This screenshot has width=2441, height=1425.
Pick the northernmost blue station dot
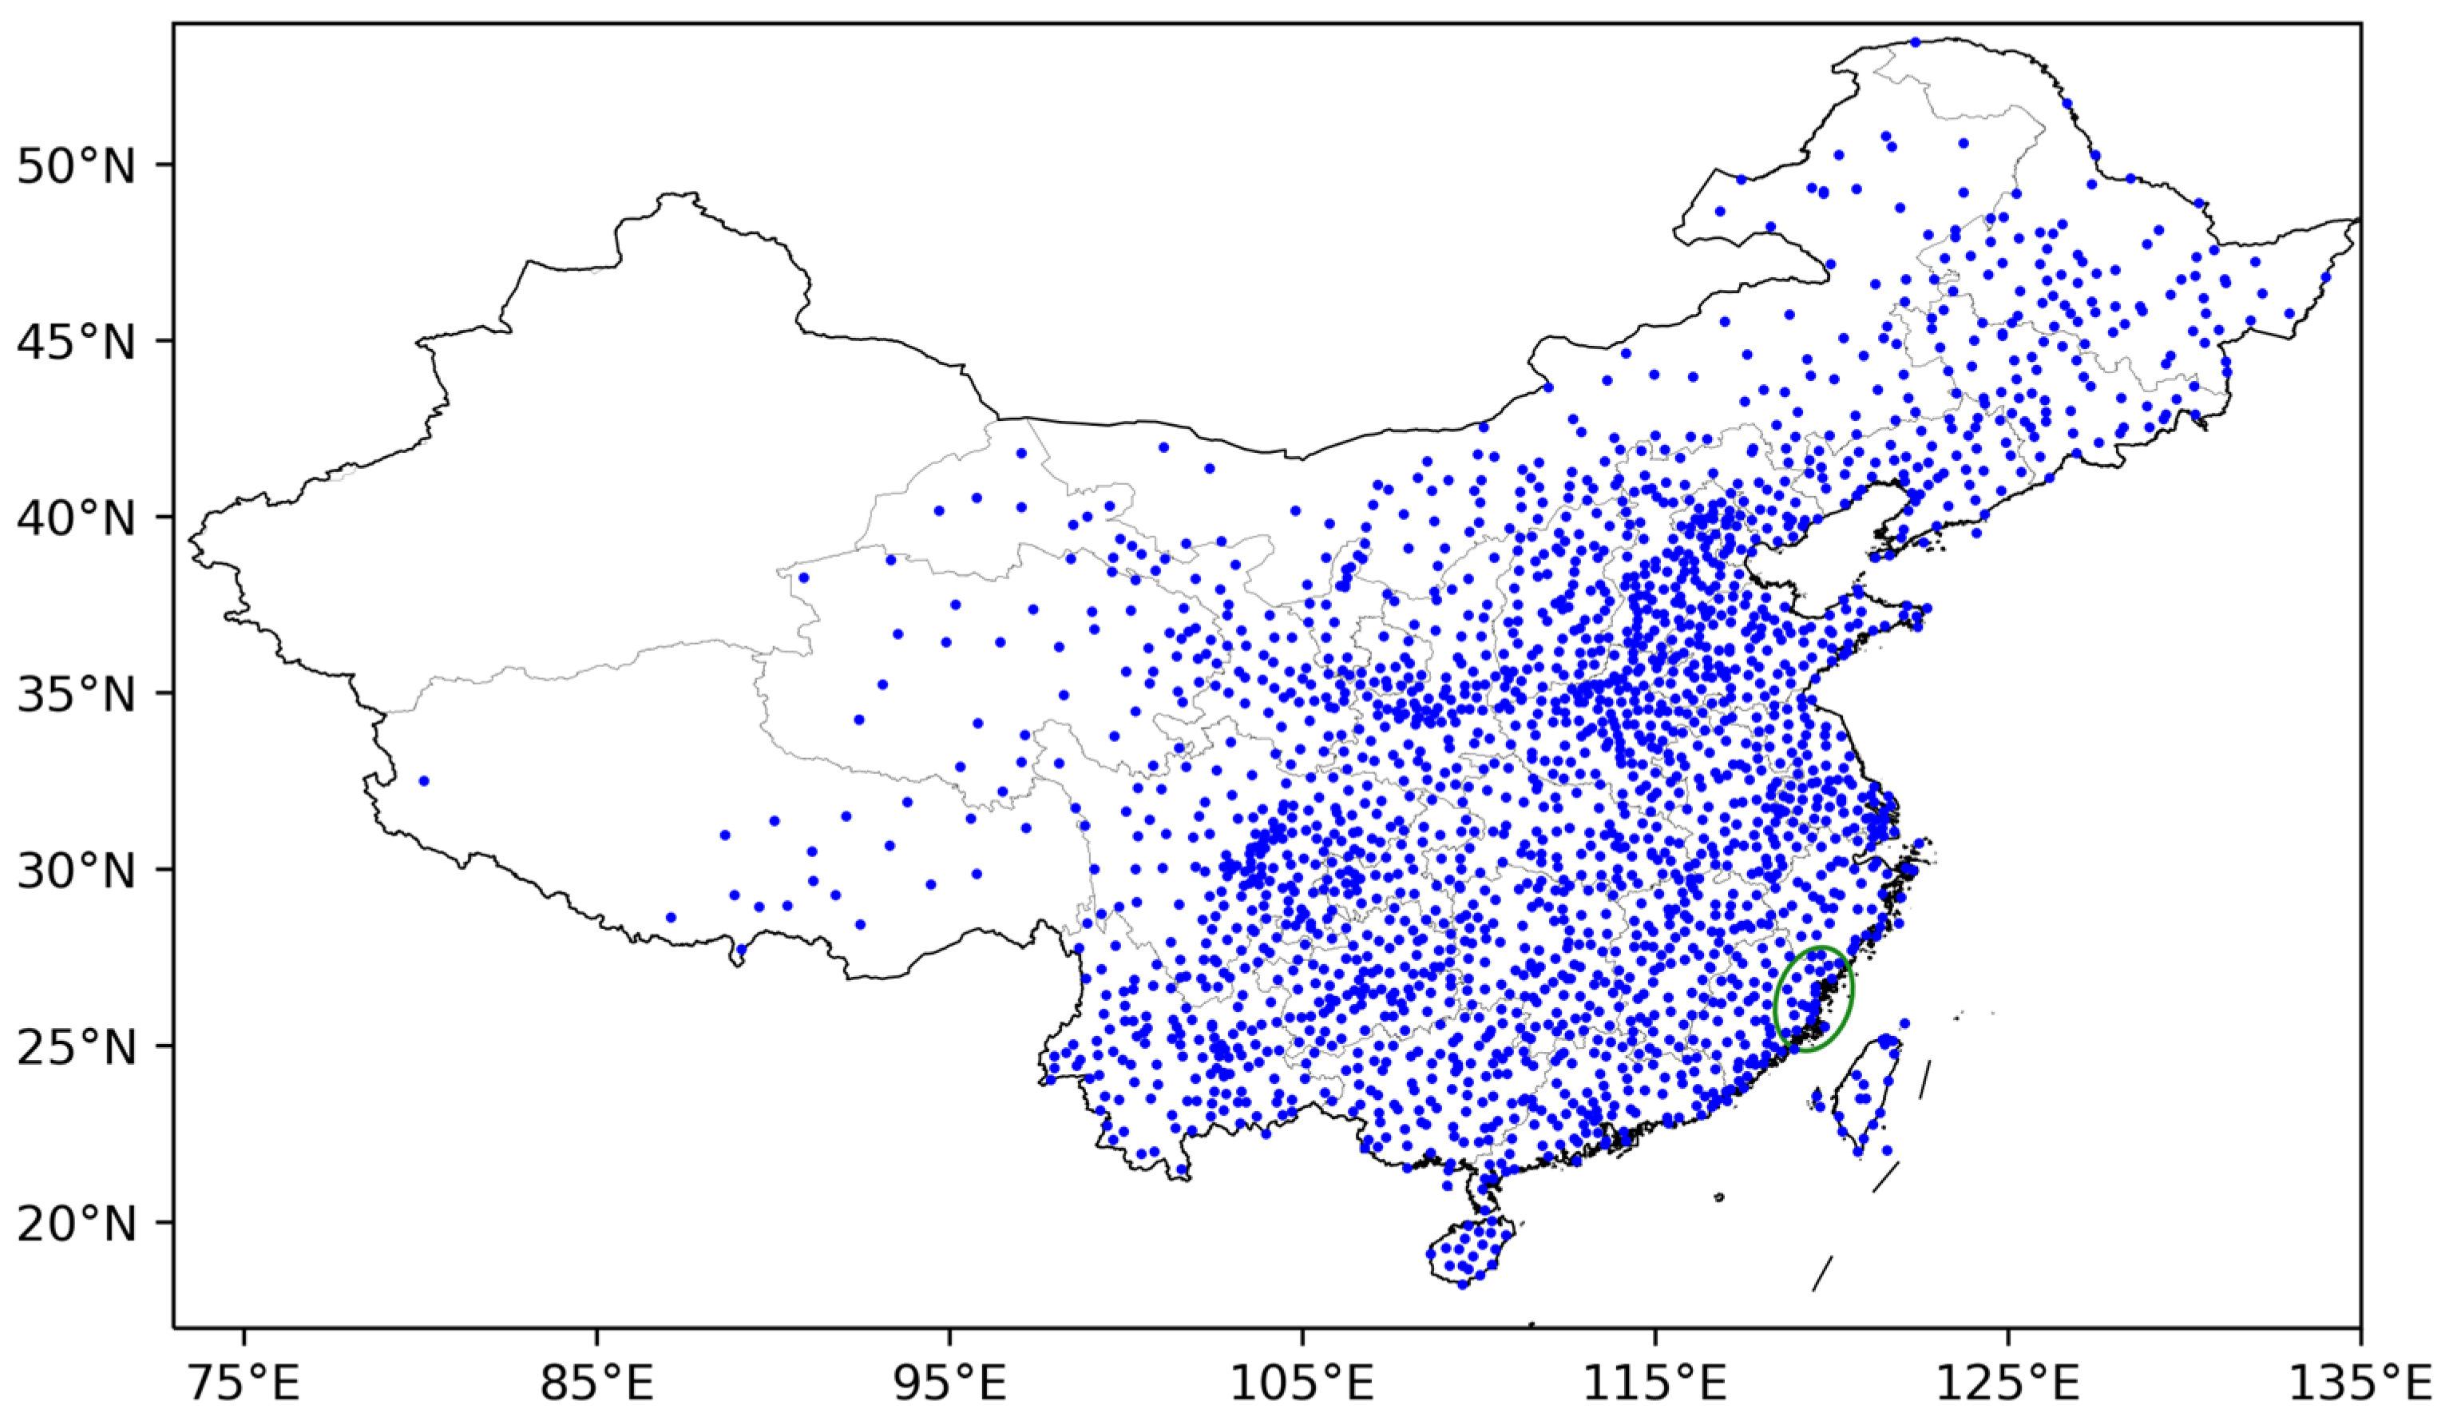1915,42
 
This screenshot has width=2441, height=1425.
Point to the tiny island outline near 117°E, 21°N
1719,1197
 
